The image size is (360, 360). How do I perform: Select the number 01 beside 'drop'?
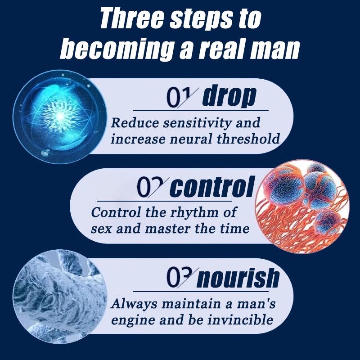point(181,98)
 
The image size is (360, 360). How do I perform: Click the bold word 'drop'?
point(229,96)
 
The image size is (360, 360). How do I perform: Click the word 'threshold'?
point(248,139)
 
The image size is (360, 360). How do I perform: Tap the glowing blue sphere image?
point(60,117)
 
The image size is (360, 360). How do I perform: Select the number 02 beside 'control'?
point(152,187)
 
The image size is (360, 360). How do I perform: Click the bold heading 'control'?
point(212,187)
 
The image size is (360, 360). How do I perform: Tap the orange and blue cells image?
point(302,207)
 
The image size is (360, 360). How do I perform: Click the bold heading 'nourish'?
point(238,278)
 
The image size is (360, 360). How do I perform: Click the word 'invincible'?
point(240,319)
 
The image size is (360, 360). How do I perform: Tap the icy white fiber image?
point(60,297)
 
